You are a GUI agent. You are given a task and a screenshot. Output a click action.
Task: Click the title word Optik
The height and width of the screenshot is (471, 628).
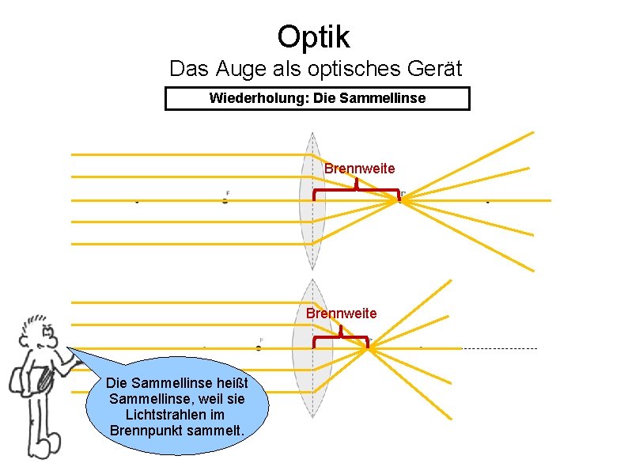(313, 36)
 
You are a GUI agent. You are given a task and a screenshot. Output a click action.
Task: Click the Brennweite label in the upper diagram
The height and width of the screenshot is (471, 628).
(359, 169)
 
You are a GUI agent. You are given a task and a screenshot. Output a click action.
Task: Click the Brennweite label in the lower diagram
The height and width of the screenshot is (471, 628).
(341, 313)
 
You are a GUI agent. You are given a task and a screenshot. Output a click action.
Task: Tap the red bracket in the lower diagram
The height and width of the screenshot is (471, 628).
(341, 338)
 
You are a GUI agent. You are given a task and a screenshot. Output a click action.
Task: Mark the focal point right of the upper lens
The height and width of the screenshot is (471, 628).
(400, 199)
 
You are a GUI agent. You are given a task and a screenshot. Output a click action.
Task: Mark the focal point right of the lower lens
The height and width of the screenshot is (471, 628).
(369, 347)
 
